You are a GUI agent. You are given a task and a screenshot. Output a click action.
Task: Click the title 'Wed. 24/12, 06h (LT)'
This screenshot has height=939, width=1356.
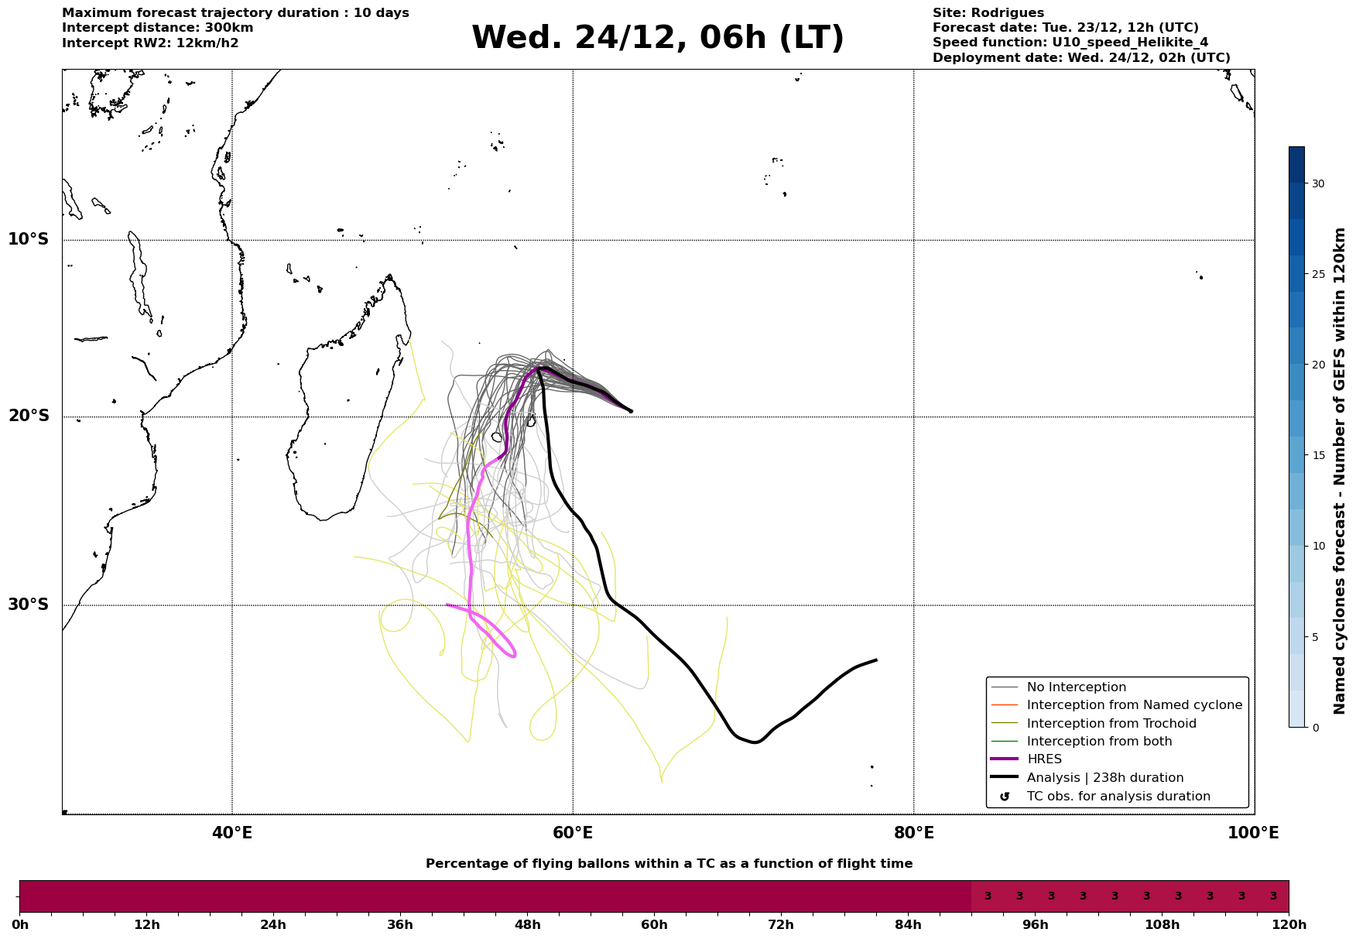[x=657, y=39]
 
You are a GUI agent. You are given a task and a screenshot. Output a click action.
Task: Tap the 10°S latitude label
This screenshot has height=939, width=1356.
[x=29, y=239]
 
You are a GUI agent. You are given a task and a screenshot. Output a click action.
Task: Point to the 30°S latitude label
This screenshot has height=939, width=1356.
[x=29, y=605]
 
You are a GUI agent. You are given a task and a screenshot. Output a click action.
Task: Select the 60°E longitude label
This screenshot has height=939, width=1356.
[x=573, y=834]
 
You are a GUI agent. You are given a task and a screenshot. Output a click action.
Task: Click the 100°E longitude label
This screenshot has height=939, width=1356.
[x=1253, y=834]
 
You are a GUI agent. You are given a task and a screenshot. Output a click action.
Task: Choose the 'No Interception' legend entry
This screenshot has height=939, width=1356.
[x=1076, y=687]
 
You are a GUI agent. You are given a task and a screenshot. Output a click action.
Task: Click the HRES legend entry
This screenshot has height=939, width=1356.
[x=1044, y=759]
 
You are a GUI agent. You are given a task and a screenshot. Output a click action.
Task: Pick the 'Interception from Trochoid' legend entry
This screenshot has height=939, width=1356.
[x=1111, y=724]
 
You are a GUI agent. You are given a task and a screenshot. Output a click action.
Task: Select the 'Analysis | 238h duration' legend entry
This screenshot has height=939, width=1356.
[x=1104, y=778]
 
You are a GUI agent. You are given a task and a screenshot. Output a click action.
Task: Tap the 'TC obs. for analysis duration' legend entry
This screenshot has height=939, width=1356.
[x=1118, y=797]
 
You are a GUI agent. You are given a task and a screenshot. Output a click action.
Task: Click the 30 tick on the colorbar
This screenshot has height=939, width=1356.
[x=1317, y=183]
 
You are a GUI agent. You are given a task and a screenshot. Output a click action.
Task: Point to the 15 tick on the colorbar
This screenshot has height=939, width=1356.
[x=1317, y=455]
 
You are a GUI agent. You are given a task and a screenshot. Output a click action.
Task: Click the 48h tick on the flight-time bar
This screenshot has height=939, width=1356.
[x=528, y=925]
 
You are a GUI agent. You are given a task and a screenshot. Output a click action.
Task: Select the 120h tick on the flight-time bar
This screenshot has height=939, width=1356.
[x=1289, y=925]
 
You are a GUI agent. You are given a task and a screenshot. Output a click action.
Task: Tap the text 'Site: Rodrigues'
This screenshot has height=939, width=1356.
[x=988, y=13]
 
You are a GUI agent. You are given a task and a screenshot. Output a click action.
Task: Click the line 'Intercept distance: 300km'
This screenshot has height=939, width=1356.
[x=157, y=28]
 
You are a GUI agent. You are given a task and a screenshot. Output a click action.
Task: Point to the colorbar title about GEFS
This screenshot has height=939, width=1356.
[x=1340, y=470]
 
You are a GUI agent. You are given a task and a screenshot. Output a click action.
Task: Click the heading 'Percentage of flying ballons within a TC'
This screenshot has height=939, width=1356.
[x=669, y=864]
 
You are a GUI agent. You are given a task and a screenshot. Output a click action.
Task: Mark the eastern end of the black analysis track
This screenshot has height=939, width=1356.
[x=876, y=660]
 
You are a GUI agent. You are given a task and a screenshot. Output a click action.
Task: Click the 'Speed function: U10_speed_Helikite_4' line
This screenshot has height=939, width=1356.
[x=1070, y=43]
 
